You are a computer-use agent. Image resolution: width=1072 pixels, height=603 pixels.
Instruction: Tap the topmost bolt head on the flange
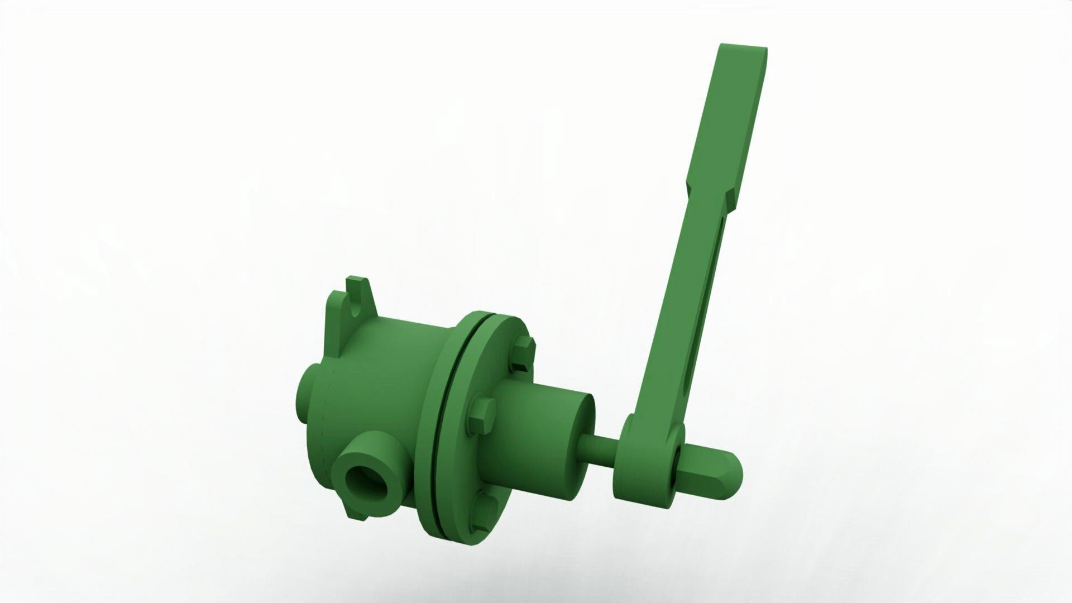coord(523,353)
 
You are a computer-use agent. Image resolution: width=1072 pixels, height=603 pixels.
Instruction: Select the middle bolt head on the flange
coord(481,415)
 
